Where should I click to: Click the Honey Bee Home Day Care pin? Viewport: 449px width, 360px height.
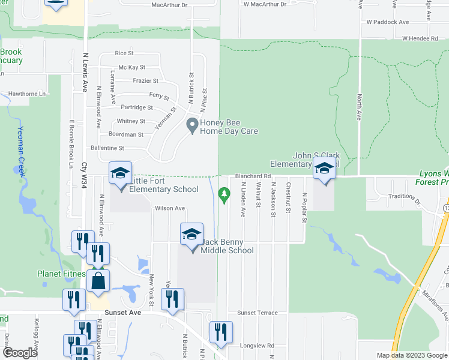coord(193,126)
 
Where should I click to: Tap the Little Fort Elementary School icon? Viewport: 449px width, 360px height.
coord(120,174)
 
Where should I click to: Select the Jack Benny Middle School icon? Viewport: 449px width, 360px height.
coord(191,235)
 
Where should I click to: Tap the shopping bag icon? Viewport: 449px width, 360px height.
coord(98,280)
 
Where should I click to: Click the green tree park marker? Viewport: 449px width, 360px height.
coord(224,194)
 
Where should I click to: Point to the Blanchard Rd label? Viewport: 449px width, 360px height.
coord(252,176)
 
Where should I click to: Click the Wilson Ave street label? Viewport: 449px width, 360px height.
coord(170,209)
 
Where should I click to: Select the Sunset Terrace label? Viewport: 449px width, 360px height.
coord(258,313)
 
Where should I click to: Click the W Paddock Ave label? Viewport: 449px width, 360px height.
coord(388,22)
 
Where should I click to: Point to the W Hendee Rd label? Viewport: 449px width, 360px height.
coord(422,38)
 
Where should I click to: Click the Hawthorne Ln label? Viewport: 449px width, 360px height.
coord(26,94)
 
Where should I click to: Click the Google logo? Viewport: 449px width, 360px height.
coord(20,353)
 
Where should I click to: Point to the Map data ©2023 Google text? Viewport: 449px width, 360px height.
coord(411,355)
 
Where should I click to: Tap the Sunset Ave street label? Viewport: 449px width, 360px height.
coord(123,313)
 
